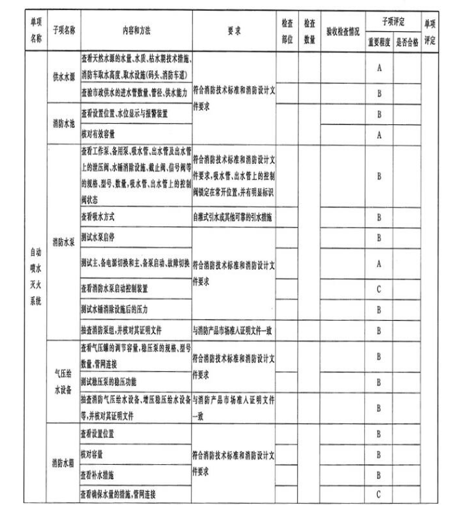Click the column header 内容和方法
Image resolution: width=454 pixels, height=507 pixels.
point(135,31)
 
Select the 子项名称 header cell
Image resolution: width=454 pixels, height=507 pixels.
point(63,31)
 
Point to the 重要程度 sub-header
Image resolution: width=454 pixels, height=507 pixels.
point(379,40)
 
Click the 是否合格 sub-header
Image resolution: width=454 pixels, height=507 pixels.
point(407,40)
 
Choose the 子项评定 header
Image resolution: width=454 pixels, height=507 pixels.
point(394,22)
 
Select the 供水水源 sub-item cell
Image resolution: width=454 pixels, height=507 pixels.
point(63,76)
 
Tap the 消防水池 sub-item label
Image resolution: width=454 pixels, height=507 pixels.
point(63,124)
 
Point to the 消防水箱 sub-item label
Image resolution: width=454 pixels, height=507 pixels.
point(63,464)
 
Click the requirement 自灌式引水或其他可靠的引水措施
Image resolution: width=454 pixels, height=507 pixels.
point(234,217)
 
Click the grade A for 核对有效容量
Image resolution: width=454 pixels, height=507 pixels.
point(379,134)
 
